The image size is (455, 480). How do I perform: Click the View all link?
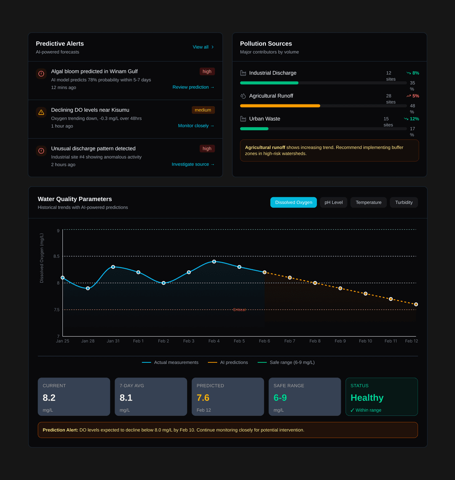[x=203, y=47]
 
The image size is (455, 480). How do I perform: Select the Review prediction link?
[x=193, y=87]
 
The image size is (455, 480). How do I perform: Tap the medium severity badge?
[x=203, y=110]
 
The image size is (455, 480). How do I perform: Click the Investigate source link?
[x=193, y=164]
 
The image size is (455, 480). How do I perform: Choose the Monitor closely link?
[x=196, y=126]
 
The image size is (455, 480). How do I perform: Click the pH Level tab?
[x=333, y=202]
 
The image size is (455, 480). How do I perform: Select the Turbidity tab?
[x=404, y=202]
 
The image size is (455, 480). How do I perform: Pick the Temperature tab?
[x=368, y=202]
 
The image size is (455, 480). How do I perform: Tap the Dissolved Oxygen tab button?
[x=294, y=202]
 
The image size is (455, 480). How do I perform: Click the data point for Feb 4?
[x=214, y=262]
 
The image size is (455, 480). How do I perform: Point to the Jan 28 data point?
[x=88, y=288]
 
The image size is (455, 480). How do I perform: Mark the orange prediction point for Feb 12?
[x=416, y=304]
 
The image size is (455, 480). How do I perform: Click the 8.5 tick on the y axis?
[x=56, y=256]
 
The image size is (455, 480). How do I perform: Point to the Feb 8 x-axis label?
[x=315, y=341]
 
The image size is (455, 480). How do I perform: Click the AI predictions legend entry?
[x=228, y=362]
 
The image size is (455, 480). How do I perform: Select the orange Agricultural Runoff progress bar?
[x=280, y=106]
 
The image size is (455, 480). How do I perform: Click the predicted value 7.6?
[x=203, y=398]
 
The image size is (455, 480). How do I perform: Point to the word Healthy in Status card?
[x=367, y=398]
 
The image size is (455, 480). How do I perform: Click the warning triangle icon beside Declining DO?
[x=41, y=112]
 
